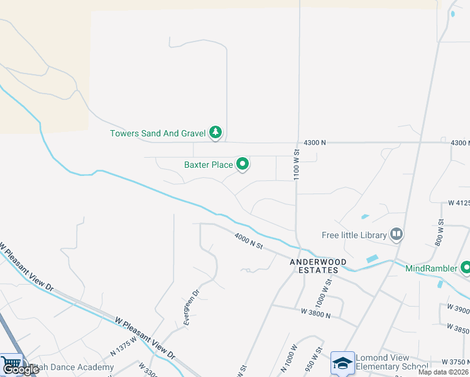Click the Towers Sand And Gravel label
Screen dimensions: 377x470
pos(158,133)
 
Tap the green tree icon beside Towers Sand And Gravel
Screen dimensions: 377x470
pos(216,132)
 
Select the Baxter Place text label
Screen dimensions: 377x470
pos(208,165)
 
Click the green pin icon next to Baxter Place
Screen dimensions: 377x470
pos(243,165)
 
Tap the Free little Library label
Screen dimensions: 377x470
pos(353,236)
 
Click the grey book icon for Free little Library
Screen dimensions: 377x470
pos(396,235)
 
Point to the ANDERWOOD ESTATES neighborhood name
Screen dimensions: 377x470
pos(314,266)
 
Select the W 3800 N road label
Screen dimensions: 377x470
pos(315,312)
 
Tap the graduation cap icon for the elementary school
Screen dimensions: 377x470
pos(342,363)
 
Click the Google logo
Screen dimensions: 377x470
pos(21,369)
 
